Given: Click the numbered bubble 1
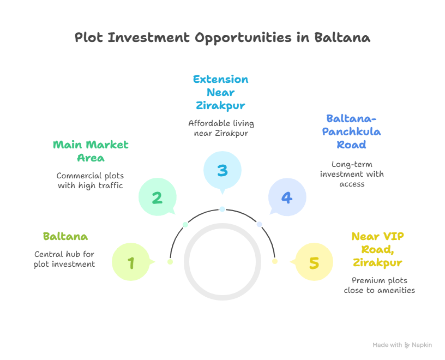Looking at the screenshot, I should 131,263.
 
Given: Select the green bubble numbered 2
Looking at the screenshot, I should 157,197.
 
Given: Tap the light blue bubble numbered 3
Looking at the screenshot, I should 222,171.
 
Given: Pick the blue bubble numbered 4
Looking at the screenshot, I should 287,197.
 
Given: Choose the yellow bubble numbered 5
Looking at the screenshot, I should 314,263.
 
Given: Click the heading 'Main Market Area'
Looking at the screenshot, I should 91,151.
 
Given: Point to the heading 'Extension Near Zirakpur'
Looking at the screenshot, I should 221,92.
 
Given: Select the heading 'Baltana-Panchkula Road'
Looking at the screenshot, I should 351,131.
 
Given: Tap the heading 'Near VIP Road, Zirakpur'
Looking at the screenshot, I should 377,249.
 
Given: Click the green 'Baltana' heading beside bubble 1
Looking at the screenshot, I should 65,237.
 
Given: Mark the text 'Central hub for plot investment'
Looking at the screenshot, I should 64,259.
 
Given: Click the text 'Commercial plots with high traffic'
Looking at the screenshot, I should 91,181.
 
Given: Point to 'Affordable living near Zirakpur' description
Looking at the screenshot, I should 221,128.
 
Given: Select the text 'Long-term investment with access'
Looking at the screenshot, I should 351,174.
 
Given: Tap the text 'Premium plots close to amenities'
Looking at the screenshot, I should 379,285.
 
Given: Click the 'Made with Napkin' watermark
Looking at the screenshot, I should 402,345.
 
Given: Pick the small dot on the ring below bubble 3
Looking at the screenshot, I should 222,209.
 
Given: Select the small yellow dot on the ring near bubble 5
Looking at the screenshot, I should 275,262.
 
